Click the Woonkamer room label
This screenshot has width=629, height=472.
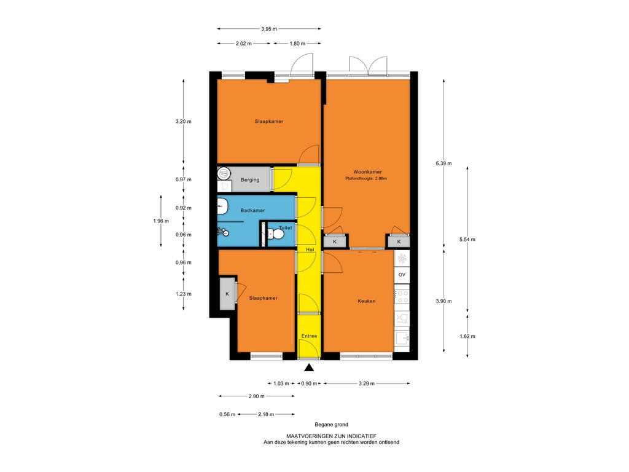(367, 172)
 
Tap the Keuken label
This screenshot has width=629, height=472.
(367, 301)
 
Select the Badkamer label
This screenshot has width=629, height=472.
(252, 210)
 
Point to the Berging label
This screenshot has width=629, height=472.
(250, 180)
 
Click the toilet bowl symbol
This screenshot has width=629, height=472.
(276, 233)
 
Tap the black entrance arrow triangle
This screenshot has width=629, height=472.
(308, 368)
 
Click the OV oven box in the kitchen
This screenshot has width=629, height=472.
(402, 275)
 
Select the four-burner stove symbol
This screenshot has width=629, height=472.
(402, 297)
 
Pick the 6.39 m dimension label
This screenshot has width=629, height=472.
(443, 163)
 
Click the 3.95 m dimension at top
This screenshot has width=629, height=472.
(269, 29)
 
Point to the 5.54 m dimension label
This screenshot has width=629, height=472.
(467, 240)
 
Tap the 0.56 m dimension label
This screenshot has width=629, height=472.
(227, 414)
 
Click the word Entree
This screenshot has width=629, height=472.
(310, 336)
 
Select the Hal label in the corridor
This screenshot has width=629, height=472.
(310, 250)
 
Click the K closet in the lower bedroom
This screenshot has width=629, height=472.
(227, 293)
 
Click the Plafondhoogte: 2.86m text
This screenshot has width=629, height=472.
(366, 179)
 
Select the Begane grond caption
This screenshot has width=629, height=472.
(331, 424)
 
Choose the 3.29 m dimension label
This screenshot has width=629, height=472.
(367, 383)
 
